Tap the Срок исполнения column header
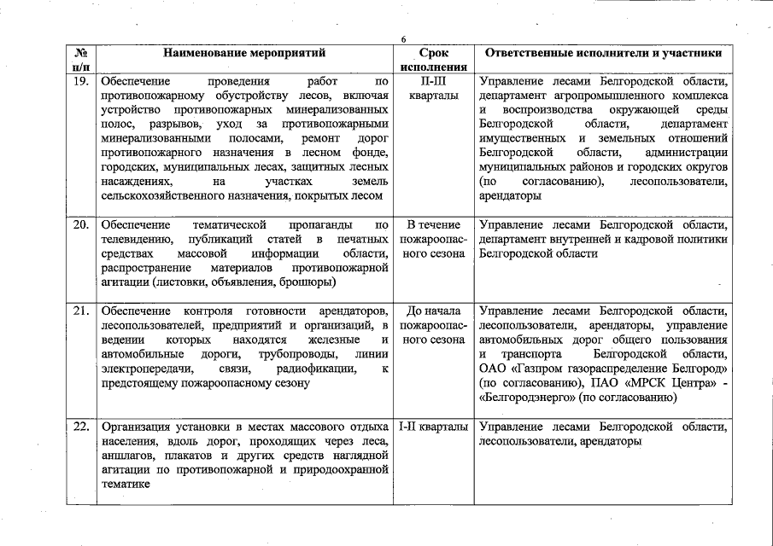434,60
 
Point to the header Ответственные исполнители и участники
603,53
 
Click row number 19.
80,83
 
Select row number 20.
80,225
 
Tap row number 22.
80,427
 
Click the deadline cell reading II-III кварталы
434,90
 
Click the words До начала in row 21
434,311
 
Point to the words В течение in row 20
434,225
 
